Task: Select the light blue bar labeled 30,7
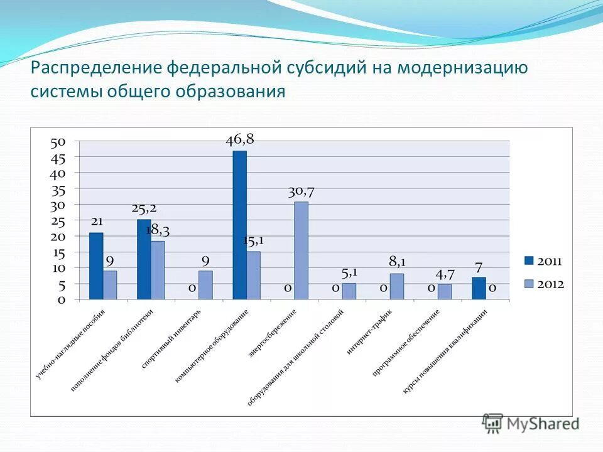[301, 250]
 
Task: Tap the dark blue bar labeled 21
[96, 266]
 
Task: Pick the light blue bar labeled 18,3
[158, 270]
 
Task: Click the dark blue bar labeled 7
[479, 288]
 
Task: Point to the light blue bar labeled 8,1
[396, 286]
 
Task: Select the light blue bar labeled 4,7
[445, 292]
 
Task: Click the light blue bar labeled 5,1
[349, 291]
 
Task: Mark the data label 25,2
[144, 208]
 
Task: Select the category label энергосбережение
[273, 333]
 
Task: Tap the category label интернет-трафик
[369, 332]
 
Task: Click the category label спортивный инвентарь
[172, 338]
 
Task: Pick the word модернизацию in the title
[462, 67]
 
